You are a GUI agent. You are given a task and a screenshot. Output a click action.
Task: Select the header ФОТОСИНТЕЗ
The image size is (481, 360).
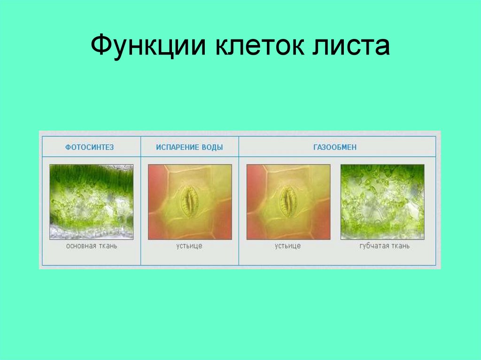[90, 147]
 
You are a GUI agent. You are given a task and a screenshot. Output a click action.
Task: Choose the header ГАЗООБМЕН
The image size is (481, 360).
[335, 147]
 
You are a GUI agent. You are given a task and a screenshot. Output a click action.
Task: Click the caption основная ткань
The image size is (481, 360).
[92, 246]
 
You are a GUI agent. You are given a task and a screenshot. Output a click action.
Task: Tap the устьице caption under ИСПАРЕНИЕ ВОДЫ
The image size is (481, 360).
[190, 246]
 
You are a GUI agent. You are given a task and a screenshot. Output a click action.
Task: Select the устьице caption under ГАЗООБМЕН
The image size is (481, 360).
[288, 246]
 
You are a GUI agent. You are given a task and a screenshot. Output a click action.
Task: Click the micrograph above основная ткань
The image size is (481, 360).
[92, 202]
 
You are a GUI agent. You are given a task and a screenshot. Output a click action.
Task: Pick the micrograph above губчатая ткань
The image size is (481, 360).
[382, 202]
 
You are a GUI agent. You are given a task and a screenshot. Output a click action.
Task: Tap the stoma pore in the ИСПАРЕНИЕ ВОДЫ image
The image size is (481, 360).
[190, 202]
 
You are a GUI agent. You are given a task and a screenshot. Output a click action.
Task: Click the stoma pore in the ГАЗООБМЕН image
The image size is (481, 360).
[288, 202]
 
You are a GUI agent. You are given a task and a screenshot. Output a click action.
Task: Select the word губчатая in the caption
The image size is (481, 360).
[374, 246]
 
